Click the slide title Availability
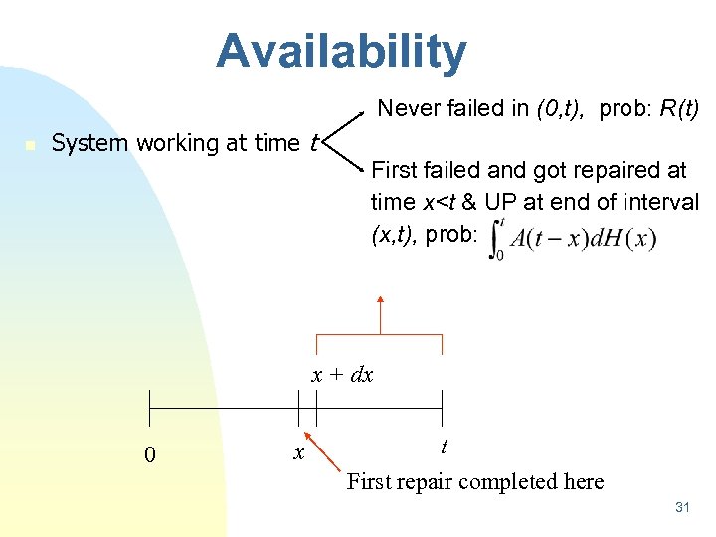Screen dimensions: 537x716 tap(341, 52)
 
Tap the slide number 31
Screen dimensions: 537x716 tap(682, 508)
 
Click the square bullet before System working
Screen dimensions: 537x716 tap(31, 145)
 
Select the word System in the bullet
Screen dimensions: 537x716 tap(90, 143)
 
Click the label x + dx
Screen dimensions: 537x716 tap(342, 375)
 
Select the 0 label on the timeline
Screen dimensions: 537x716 tap(149, 455)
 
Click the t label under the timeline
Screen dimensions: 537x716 tap(443, 447)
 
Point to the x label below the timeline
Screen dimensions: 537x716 tap(297, 453)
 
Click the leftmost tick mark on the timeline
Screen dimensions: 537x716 tap(149, 409)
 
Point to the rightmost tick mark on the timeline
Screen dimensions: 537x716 tap(443, 409)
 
